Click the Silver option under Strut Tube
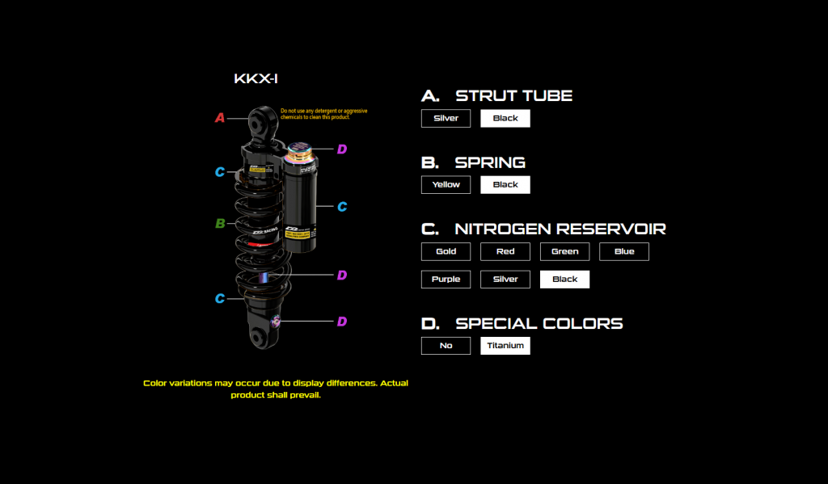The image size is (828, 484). click(446, 118)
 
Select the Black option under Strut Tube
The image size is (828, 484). click(505, 118)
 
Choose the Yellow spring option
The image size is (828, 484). click(446, 184)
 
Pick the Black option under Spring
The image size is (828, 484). click(505, 184)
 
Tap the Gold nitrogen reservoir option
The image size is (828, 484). click(446, 251)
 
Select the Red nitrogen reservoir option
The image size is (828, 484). click(505, 251)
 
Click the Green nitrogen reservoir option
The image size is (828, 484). click(564, 251)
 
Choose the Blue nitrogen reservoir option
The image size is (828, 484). click(624, 251)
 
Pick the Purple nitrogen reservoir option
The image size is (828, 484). click(446, 279)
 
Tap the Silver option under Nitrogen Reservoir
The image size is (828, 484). click(505, 279)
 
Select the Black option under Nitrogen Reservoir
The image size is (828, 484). click(564, 279)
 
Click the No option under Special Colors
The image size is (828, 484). click(446, 345)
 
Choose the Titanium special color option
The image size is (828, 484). click(505, 345)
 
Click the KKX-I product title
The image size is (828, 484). click(256, 79)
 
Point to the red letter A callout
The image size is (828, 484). click(220, 118)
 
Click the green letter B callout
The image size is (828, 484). click(220, 224)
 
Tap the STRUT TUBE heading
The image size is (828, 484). click(513, 95)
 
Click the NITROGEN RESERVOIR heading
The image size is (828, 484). click(560, 229)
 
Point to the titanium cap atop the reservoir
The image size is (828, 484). click(301, 151)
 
